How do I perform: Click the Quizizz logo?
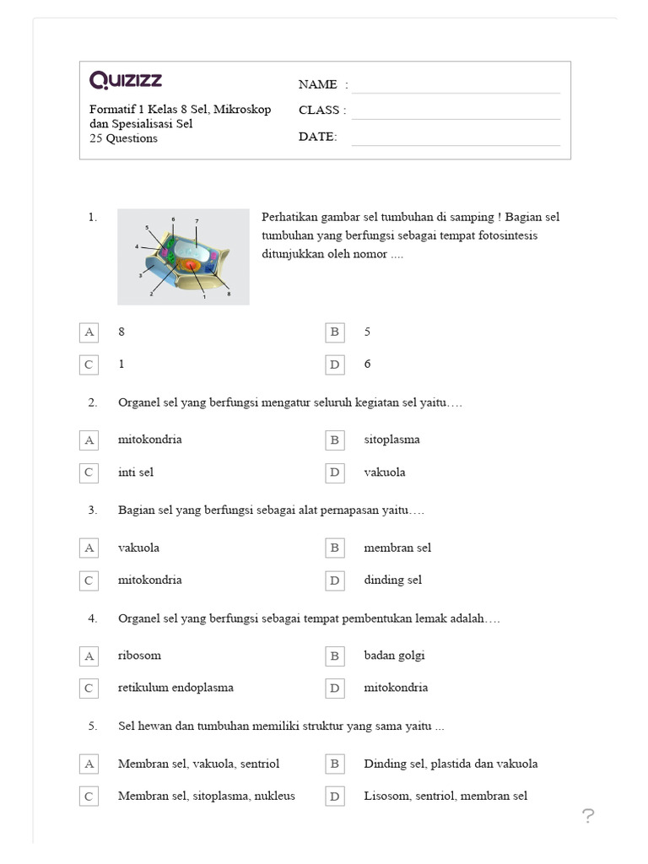pos(126,80)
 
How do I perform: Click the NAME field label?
pos(318,84)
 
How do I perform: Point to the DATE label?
pos(317,137)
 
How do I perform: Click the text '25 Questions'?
pos(123,138)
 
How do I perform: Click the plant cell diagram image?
pos(183,256)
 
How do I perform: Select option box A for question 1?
pos(89,332)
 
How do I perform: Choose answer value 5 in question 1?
pos(367,332)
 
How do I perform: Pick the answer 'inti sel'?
pos(136,472)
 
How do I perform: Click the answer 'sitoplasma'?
pos(391,440)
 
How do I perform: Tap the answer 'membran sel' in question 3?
pos(397,548)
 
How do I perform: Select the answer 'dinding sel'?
pos(392,580)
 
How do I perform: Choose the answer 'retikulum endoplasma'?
pos(175,688)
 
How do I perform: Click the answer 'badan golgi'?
pos(394,656)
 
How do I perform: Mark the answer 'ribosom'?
pos(139,656)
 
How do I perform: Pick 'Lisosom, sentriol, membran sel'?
pos(445,796)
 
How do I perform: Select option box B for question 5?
pos(335,764)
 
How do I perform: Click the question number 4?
pos(93,618)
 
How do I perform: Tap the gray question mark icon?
pos(588,815)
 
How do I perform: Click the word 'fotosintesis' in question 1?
pos(505,235)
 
